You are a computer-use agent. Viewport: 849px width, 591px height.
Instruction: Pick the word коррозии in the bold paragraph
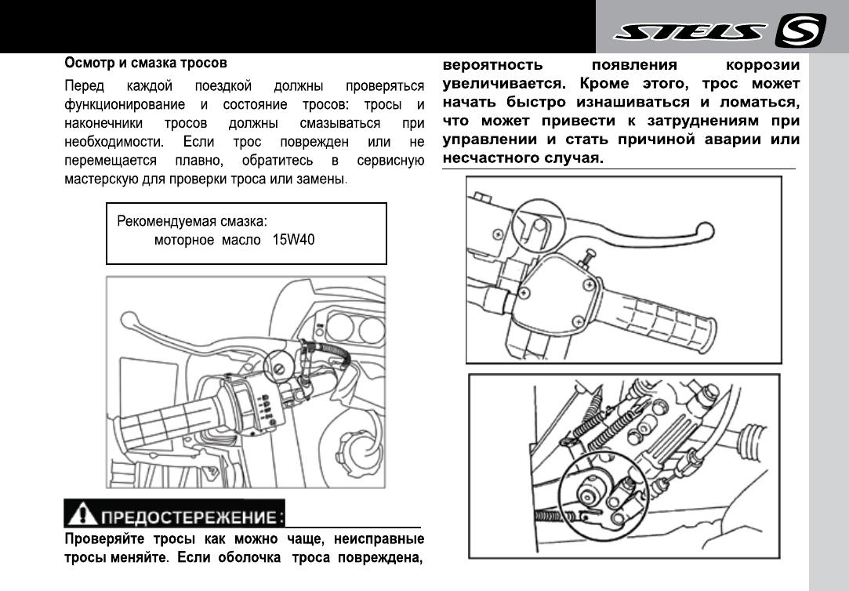(x=764, y=64)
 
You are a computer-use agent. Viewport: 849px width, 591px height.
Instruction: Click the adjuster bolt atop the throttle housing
(x=587, y=256)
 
